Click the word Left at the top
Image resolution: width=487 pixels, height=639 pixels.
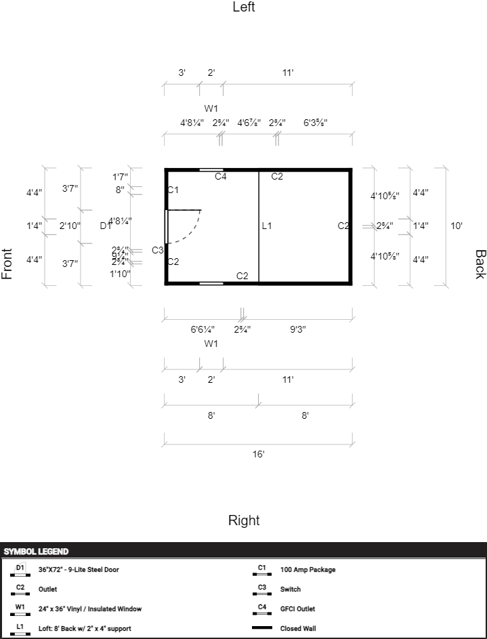tap(244, 7)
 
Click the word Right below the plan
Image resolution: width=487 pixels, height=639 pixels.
tap(244, 520)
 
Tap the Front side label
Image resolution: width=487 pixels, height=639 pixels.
tap(7, 264)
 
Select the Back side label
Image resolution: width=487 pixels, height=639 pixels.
tap(480, 264)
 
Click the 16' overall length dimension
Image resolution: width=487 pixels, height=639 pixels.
tap(258, 454)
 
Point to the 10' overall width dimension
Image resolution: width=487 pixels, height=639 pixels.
tap(457, 226)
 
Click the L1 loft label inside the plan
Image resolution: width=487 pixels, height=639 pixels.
tap(267, 226)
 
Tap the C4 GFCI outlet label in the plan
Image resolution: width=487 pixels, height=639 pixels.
tap(221, 177)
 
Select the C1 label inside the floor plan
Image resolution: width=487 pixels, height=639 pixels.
tap(173, 190)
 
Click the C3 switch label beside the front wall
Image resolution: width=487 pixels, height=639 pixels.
tap(157, 250)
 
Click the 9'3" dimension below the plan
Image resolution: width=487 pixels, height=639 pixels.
tap(298, 330)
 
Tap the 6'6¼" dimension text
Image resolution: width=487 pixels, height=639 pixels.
tap(203, 330)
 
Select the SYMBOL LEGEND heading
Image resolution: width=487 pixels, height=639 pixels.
tap(36, 552)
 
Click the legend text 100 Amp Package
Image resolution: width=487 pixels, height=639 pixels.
tap(308, 570)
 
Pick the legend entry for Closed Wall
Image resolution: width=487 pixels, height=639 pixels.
tap(299, 628)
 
